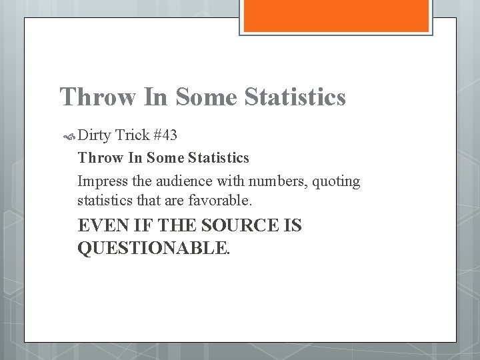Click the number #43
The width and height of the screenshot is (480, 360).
pos(165,136)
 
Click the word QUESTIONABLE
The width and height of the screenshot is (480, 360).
pos(155,249)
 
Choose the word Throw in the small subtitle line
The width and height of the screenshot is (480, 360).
pos(96,158)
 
